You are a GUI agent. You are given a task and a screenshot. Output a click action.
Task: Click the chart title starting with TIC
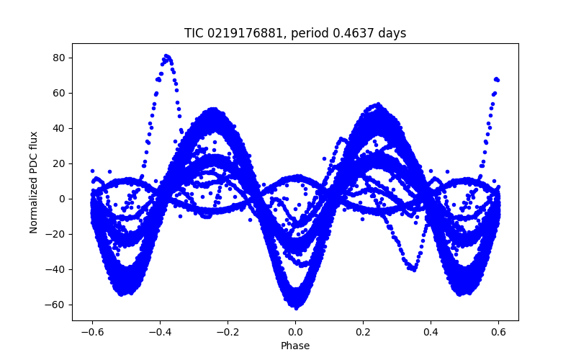pos(294,33)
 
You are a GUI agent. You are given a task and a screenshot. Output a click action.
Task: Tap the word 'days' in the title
pos(392,33)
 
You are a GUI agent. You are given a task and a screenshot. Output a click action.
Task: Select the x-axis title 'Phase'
pos(294,346)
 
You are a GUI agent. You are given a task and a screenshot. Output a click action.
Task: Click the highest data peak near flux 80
pos(166,55)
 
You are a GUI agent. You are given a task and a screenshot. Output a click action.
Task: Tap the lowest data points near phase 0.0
pos(295,307)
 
